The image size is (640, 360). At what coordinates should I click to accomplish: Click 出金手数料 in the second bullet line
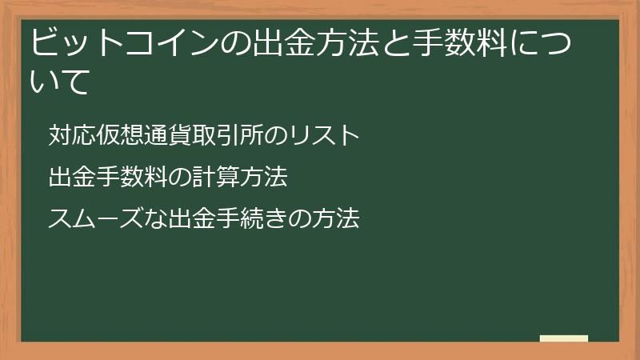point(98,177)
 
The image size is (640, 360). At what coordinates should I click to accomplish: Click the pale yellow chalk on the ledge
point(564,338)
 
